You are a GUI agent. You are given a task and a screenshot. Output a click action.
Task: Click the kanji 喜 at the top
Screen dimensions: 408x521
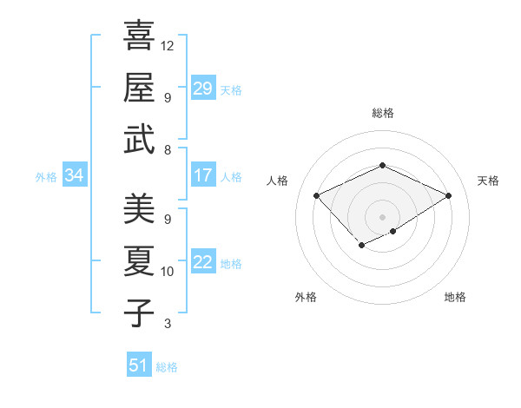[139, 36]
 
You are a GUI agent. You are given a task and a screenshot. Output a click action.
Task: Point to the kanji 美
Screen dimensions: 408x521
[139, 209]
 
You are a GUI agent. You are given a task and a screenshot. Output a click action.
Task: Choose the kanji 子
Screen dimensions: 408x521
[139, 313]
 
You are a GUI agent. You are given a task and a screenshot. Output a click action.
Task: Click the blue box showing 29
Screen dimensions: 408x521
[203, 89]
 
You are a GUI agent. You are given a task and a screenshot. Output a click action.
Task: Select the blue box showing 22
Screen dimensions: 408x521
[203, 263]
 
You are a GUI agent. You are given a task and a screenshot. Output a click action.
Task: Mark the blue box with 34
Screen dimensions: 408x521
[74, 176]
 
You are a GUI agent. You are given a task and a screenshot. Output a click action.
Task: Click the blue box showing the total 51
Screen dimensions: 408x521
[139, 365]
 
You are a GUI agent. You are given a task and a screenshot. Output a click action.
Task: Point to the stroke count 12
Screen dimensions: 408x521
[168, 44]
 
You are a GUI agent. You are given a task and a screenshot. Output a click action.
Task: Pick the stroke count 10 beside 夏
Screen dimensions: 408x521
[168, 272]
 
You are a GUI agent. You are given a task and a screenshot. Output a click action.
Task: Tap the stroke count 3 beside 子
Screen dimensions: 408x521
[168, 324]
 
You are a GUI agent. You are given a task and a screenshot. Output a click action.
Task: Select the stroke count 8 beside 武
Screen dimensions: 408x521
[168, 150]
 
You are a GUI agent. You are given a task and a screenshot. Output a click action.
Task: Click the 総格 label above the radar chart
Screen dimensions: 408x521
[382, 113]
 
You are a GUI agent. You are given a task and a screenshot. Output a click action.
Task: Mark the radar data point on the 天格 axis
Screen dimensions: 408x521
[448, 195]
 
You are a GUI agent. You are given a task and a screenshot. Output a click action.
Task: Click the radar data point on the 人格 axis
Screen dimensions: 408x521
[317, 195]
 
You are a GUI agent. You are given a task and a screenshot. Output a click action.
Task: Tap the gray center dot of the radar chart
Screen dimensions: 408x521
[382, 216]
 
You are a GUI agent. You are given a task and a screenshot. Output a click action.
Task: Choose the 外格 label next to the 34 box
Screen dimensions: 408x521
[46, 177]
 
